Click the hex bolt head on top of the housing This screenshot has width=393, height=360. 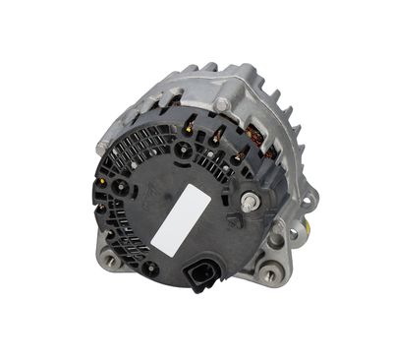pos(225,103)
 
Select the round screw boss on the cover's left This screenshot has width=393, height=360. pos(122,186)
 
